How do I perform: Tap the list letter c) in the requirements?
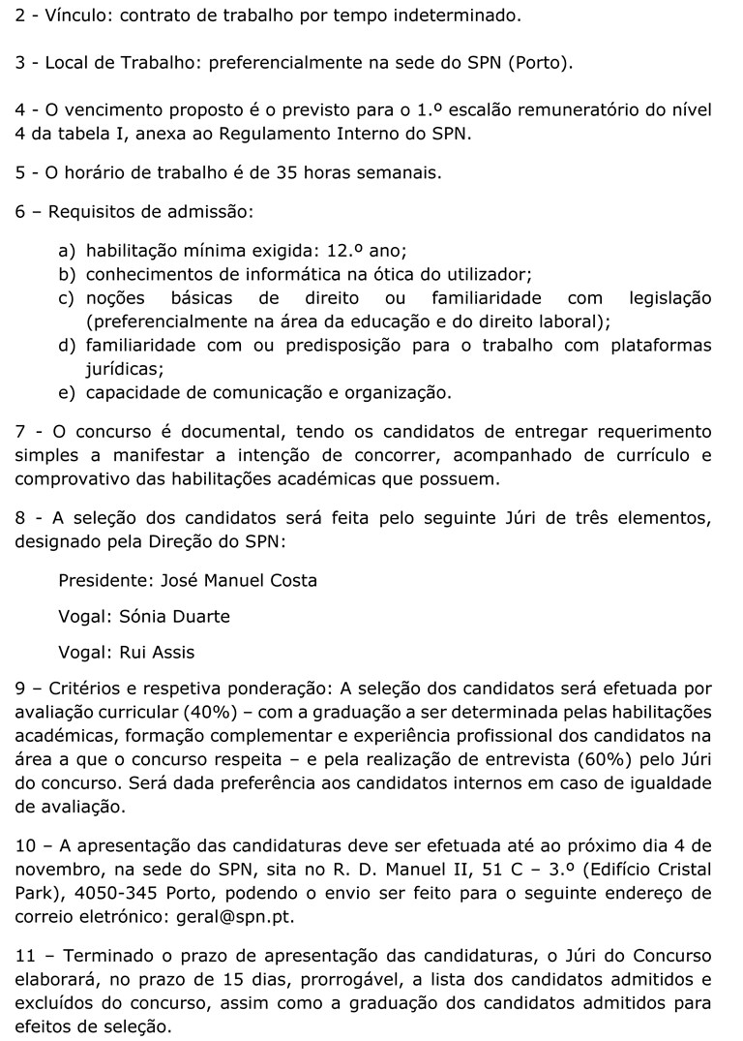tap(67, 298)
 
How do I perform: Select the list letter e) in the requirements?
tap(67, 392)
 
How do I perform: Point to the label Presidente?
tap(105, 580)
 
